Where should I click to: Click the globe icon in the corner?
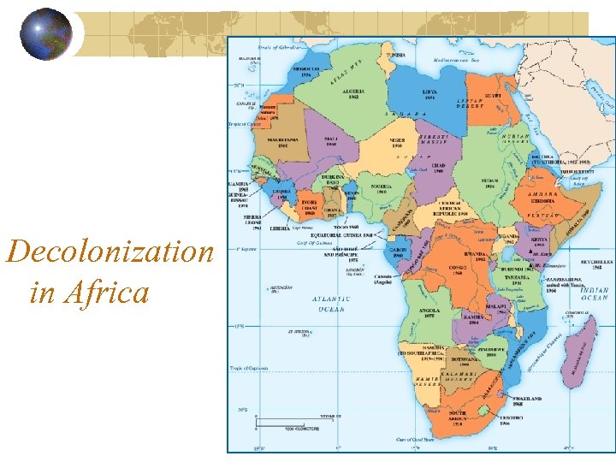click(x=46, y=34)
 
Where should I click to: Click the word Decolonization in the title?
click(x=110, y=252)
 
